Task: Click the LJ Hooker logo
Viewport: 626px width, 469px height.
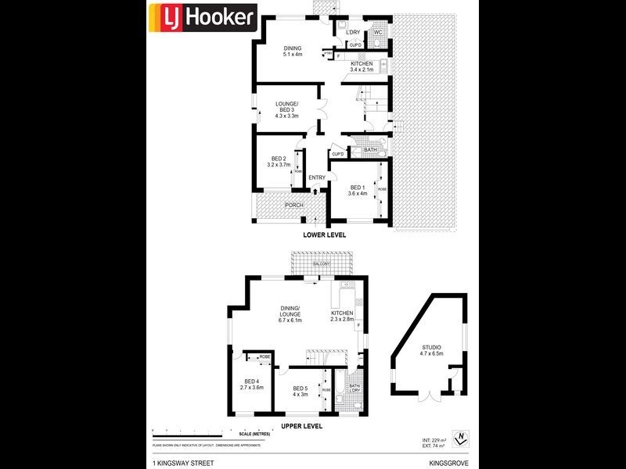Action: tap(203, 16)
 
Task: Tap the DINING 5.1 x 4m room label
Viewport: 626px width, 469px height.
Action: tap(293, 51)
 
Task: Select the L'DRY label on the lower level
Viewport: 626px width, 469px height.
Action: tap(352, 32)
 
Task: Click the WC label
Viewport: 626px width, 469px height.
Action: tap(376, 32)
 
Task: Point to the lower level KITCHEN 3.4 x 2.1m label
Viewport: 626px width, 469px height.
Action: tap(362, 66)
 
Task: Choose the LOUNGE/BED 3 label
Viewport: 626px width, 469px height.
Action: tap(285, 109)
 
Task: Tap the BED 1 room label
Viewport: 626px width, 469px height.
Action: tap(358, 190)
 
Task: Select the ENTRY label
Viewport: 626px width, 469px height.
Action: tap(317, 177)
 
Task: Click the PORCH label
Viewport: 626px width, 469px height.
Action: tap(272, 206)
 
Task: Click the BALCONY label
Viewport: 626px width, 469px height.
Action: tap(321, 264)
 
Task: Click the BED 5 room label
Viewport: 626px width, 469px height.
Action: tap(301, 392)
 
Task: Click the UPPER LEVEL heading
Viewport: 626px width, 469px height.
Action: tap(302, 427)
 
